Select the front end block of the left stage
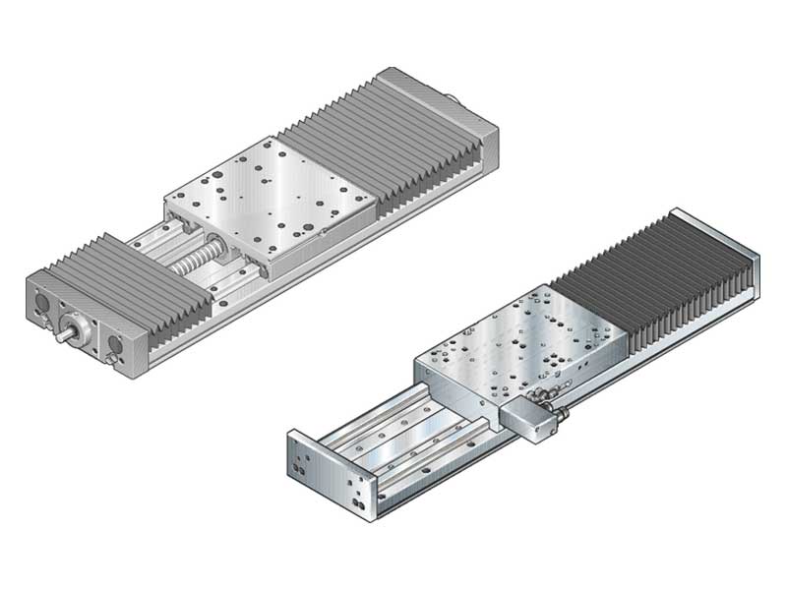[84, 315]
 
